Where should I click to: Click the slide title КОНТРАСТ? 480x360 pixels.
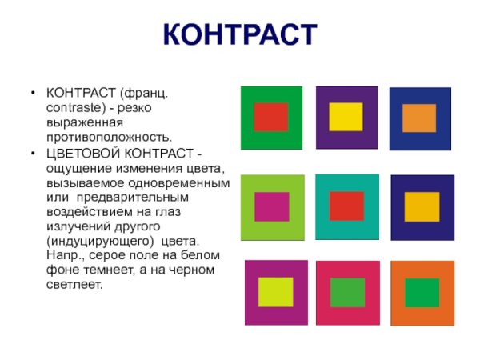click(x=240, y=36)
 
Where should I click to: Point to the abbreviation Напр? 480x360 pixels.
click(x=62, y=254)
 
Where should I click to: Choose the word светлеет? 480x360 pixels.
click(x=75, y=283)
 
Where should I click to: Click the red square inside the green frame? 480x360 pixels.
click(x=270, y=117)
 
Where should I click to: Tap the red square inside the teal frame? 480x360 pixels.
click(x=346, y=206)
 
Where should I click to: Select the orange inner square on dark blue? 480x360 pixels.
click(x=418, y=118)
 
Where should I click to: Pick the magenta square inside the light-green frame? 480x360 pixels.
click(x=271, y=206)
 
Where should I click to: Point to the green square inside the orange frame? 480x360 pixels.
click(x=422, y=293)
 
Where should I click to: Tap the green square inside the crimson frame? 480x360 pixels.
click(x=347, y=292)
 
